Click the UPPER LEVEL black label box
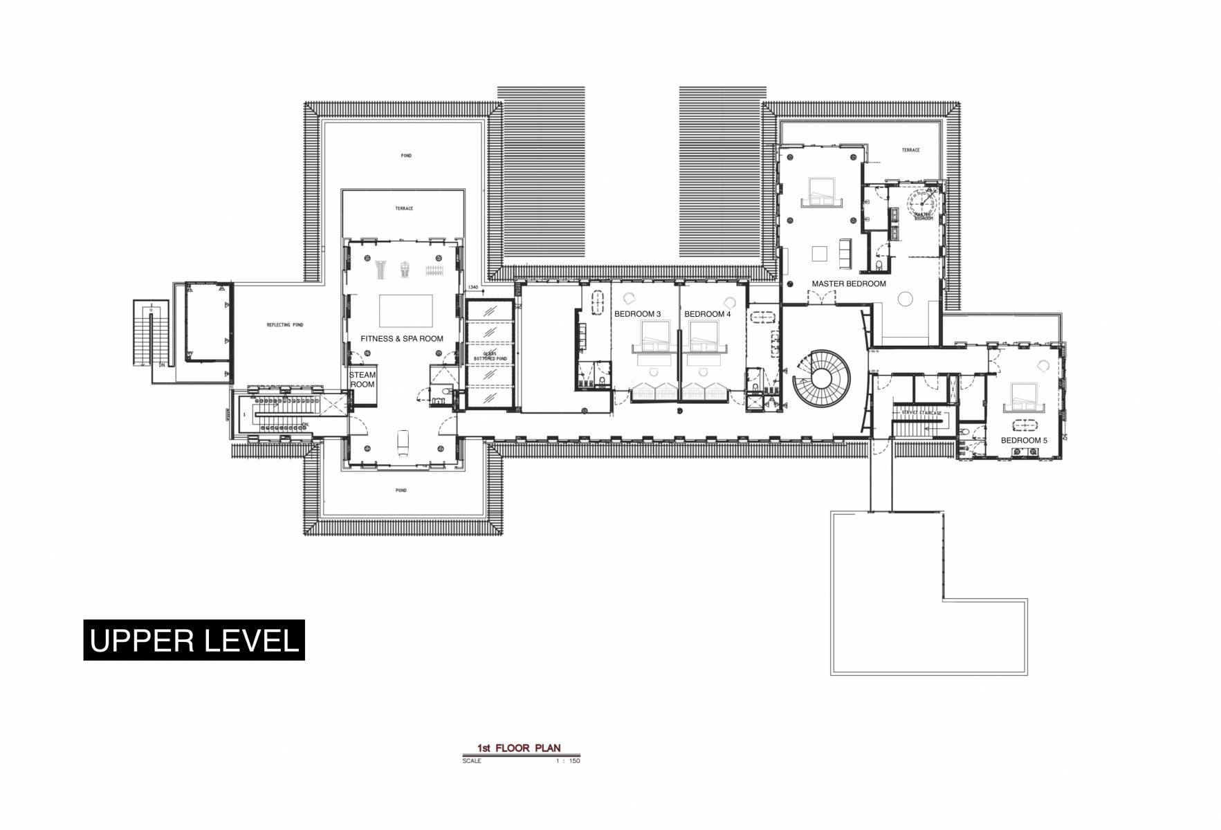point(194,640)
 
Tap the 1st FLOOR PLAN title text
point(518,748)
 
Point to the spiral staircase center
point(822,378)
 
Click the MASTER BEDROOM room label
point(848,284)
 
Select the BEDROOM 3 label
point(637,314)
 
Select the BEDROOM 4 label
point(707,314)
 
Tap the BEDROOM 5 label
point(1024,441)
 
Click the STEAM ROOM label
point(362,380)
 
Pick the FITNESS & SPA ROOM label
point(401,339)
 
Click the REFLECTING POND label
point(285,325)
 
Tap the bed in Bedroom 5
point(1025,398)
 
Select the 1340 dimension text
point(473,287)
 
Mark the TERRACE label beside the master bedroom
point(910,150)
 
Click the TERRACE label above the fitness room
point(404,208)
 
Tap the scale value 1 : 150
point(567,761)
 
